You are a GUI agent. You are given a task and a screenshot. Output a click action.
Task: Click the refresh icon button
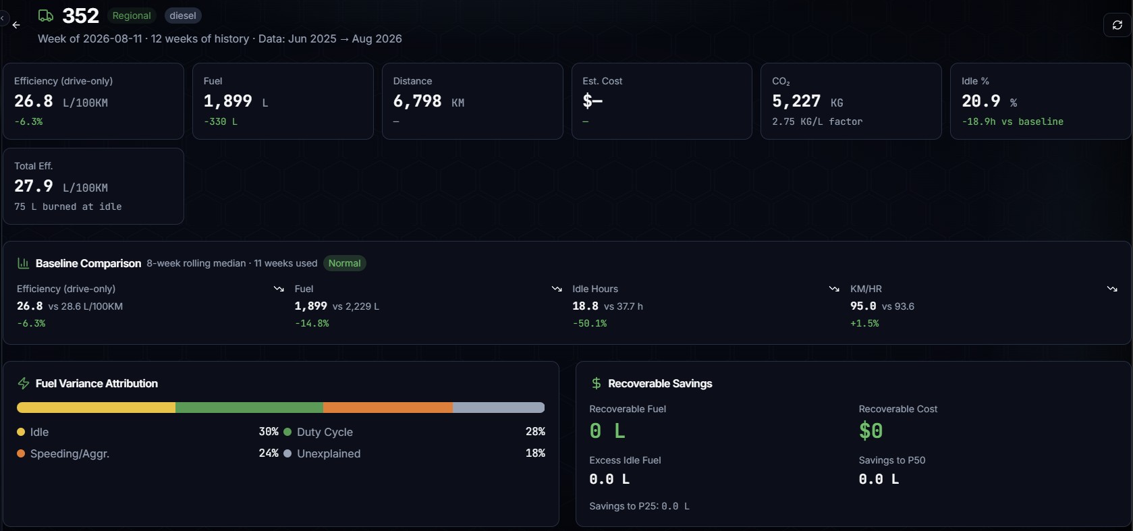click(x=1117, y=25)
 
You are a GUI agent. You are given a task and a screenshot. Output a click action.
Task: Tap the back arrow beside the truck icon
click(x=16, y=25)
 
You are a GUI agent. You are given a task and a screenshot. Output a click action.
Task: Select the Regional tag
click(x=132, y=16)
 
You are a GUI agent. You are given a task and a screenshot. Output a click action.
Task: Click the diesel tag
click(x=183, y=16)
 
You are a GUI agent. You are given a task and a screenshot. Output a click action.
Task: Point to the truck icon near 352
click(x=45, y=16)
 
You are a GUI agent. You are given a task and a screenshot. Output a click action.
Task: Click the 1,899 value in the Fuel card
click(x=227, y=101)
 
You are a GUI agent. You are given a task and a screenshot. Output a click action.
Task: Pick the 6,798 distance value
click(x=417, y=101)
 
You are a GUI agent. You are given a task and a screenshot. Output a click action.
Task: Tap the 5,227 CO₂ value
click(x=796, y=101)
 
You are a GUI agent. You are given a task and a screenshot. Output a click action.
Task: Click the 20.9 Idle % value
click(x=980, y=101)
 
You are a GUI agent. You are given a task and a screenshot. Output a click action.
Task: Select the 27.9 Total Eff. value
click(x=33, y=186)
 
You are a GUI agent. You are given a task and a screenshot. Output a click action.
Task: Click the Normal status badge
click(x=344, y=263)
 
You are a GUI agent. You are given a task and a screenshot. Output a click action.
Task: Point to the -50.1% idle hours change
click(x=589, y=323)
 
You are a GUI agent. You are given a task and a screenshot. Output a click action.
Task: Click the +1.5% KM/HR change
click(x=864, y=323)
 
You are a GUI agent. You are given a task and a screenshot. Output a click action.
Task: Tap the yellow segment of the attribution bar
click(x=96, y=408)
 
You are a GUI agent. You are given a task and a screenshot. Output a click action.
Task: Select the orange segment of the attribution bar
click(x=388, y=408)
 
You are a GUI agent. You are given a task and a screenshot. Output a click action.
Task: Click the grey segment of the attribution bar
click(x=499, y=408)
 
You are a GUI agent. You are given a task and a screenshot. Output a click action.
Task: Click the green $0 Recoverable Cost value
click(x=871, y=431)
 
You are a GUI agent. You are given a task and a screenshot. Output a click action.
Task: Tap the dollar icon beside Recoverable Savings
click(x=597, y=383)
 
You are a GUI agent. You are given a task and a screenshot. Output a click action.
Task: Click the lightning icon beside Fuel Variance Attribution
click(x=23, y=383)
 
